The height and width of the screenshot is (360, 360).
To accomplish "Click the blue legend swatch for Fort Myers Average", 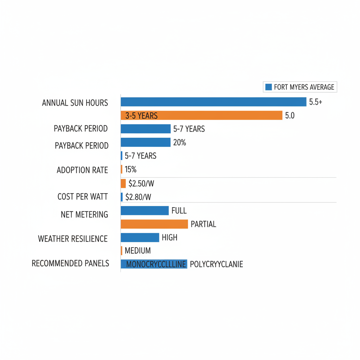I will [x=269, y=87].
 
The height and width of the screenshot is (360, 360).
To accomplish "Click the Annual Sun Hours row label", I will [x=75, y=103].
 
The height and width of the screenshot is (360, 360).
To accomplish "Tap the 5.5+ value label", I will [x=316, y=102].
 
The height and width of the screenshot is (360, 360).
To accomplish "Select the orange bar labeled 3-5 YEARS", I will [x=201, y=115].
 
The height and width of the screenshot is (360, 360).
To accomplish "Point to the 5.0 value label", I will [x=290, y=115].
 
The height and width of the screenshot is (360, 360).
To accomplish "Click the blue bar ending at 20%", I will [x=146, y=142].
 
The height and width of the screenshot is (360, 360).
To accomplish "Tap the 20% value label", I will [x=180, y=142].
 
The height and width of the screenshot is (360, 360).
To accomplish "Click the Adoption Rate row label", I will [x=82, y=170].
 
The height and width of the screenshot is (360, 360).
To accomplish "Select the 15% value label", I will [x=130, y=169].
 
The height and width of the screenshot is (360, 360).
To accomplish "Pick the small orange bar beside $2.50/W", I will [x=123, y=183].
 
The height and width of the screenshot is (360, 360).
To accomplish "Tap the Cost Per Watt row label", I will [x=83, y=197].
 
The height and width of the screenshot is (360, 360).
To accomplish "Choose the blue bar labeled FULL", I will [x=144, y=211].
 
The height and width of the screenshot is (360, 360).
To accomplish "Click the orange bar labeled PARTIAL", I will [x=154, y=224].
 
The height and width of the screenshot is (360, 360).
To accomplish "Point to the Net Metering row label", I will [x=84, y=214].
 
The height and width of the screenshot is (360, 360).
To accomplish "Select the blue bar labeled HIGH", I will [x=140, y=238].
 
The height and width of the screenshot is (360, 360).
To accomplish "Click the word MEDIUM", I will [x=138, y=251].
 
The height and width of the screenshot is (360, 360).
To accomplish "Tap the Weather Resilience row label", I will [x=73, y=239].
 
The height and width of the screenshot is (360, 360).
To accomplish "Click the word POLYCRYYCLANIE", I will [x=216, y=264].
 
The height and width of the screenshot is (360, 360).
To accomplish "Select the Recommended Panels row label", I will [x=70, y=263].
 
